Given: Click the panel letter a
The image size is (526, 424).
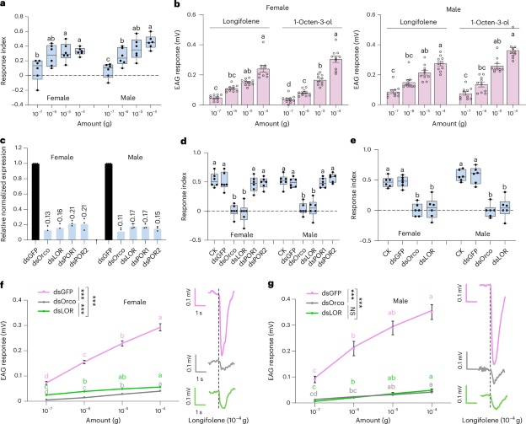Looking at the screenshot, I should [5, 6].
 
